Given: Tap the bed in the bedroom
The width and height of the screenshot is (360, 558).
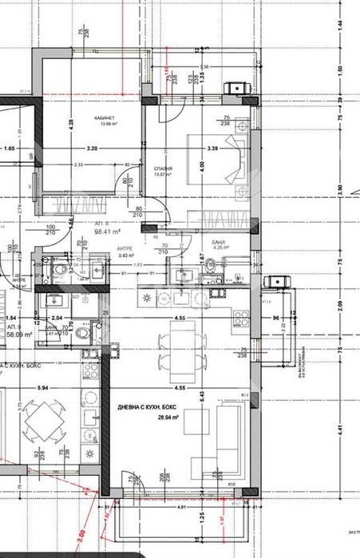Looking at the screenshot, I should [x=218, y=159].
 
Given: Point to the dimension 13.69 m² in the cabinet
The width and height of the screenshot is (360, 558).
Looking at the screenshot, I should [x=85, y=124].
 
